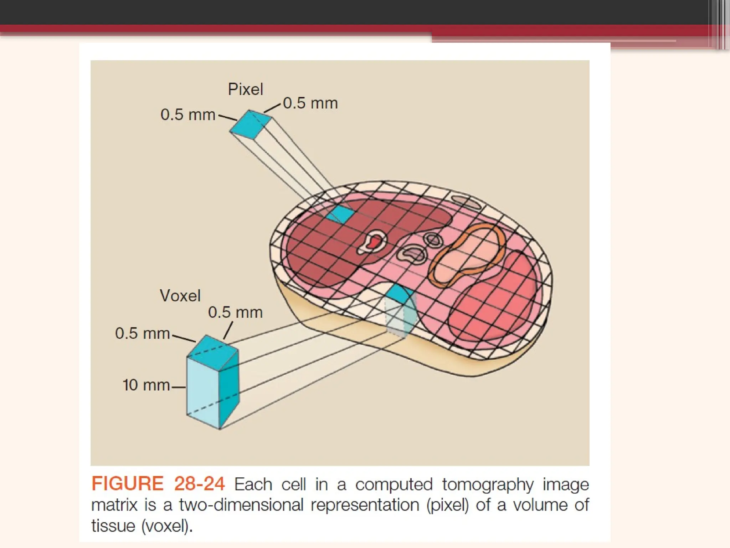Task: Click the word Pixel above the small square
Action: coord(245,89)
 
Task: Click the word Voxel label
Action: coord(180,295)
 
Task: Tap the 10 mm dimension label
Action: coord(146,385)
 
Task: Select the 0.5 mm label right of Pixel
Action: coord(310,103)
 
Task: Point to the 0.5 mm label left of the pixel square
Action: coord(188,115)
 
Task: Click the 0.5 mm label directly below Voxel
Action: coord(235,313)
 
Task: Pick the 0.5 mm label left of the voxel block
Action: coord(142,334)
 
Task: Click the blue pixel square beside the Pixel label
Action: coord(250,124)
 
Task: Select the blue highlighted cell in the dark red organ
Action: coord(340,214)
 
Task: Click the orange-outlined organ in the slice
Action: coord(467,255)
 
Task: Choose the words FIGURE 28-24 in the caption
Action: coord(158,484)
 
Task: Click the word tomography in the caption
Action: coord(488,484)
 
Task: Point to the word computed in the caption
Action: coord(394,484)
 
